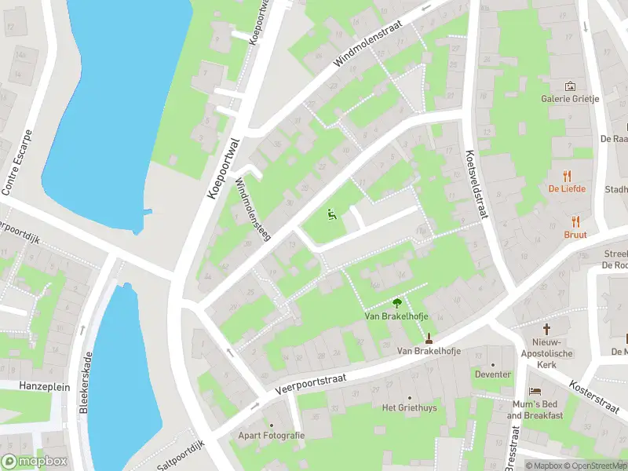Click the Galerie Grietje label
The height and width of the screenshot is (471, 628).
click(x=570, y=99)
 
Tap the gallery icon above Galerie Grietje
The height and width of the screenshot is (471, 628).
click(x=570, y=86)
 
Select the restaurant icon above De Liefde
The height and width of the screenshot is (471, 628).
click(x=564, y=176)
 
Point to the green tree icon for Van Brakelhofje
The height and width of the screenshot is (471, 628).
click(x=397, y=302)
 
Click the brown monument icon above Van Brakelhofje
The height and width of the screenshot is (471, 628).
click(x=429, y=338)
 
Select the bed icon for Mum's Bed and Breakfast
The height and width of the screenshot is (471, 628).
click(x=535, y=391)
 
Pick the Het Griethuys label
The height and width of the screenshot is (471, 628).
click(x=409, y=407)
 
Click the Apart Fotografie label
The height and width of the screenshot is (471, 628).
click(x=272, y=435)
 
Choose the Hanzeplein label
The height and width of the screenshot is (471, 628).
click(x=35, y=387)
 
